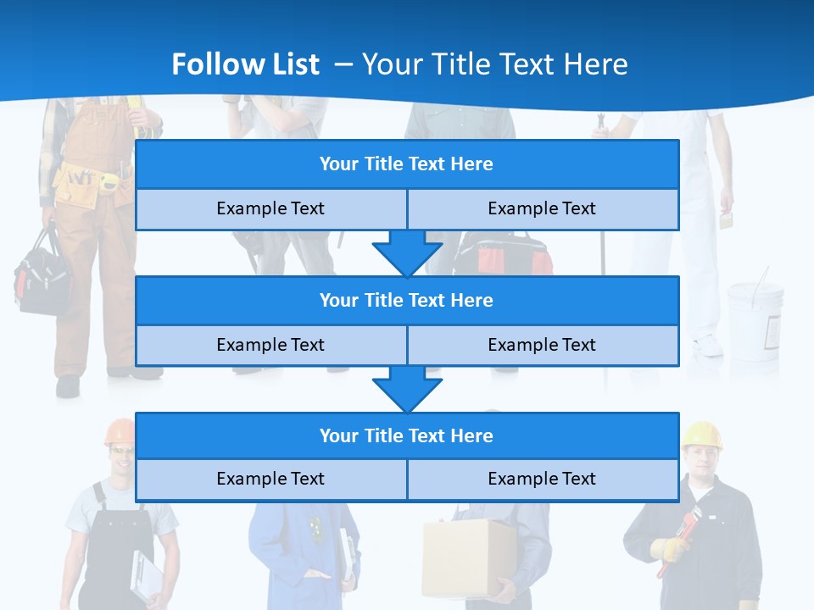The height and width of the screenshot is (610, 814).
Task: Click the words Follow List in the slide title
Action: click(x=245, y=64)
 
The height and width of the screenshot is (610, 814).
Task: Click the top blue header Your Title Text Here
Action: click(x=406, y=164)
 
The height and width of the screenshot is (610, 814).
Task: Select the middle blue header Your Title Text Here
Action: click(x=406, y=300)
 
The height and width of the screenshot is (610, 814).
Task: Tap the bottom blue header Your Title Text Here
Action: click(x=406, y=435)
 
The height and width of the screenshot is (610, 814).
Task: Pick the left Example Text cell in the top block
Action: click(x=270, y=208)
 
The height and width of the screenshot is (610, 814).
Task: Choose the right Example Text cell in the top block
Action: click(x=542, y=208)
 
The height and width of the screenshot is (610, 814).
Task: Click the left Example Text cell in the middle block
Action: click(x=270, y=345)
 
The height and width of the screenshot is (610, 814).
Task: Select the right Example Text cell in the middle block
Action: click(x=542, y=345)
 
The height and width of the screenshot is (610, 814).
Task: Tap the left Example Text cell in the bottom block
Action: click(x=270, y=479)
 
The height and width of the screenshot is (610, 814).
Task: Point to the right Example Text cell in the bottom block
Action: click(x=542, y=479)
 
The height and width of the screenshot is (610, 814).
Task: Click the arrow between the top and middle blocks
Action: click(x=407, y=252)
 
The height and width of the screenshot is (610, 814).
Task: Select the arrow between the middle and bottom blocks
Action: click(x=407, y=389)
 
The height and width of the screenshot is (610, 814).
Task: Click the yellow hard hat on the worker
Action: click(x=702, y=433)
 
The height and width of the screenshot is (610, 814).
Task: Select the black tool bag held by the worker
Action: click(x=42, y=275)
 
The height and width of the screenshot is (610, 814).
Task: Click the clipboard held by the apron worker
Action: click(x=146, y=576)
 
